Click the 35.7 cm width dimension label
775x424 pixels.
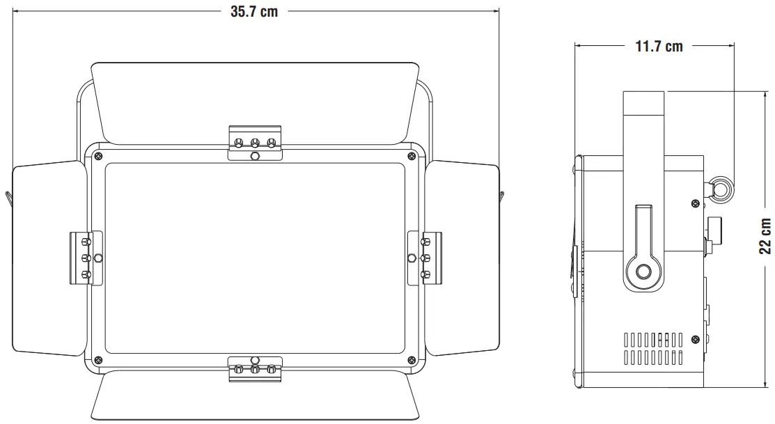[x=254, y=12]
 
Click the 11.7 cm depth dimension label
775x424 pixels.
[x=659, y=47]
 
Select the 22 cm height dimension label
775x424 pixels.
[x=765, y=237]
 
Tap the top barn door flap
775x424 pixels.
[x=256, y=97]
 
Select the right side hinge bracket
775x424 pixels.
[x=425, y=258]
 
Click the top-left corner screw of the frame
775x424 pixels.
[x=98, y=155]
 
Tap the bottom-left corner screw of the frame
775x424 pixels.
[x=98, y=360]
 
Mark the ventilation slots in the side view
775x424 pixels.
[x=652, y=348]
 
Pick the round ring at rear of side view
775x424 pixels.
[x=719, y=188]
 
